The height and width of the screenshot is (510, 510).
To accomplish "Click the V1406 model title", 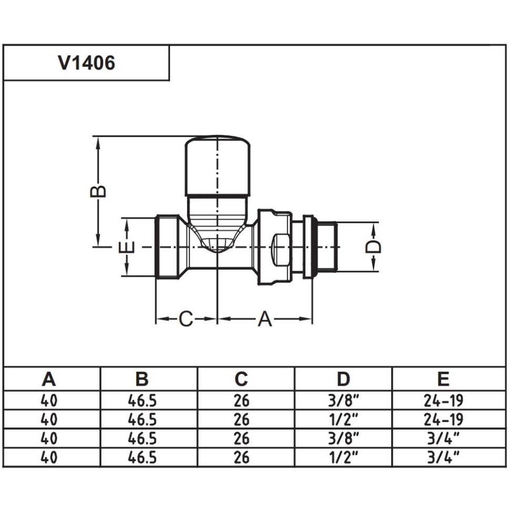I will click(x=87, y=63).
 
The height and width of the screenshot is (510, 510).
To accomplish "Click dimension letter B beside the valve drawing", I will click(x=98, y=191).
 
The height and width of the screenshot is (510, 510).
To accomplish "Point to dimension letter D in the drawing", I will click(x=373, y=247).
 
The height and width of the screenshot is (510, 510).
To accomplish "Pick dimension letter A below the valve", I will click(x=265, y=319).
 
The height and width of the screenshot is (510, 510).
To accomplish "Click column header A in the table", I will click(x=49, y=379).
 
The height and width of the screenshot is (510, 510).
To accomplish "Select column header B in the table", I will click(x=142, y=379).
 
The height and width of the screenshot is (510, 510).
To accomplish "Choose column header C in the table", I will click(x=241, y=379).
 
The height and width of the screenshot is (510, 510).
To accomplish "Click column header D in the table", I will click(x=343, y=379).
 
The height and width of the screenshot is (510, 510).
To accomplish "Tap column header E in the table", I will click(x=443, y=379).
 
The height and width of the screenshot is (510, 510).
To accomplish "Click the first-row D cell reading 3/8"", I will click(x=343, y=401).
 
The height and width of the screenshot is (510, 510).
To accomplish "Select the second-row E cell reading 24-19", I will click(x=443, y=420).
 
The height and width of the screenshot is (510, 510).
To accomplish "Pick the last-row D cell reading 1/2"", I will click(x=343, y=457).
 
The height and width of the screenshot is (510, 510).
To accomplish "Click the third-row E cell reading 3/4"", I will click(x=443, y=438).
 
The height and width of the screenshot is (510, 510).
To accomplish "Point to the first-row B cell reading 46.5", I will click(x=142, y=401).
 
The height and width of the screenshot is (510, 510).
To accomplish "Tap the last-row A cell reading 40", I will click(x=49, y=457).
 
